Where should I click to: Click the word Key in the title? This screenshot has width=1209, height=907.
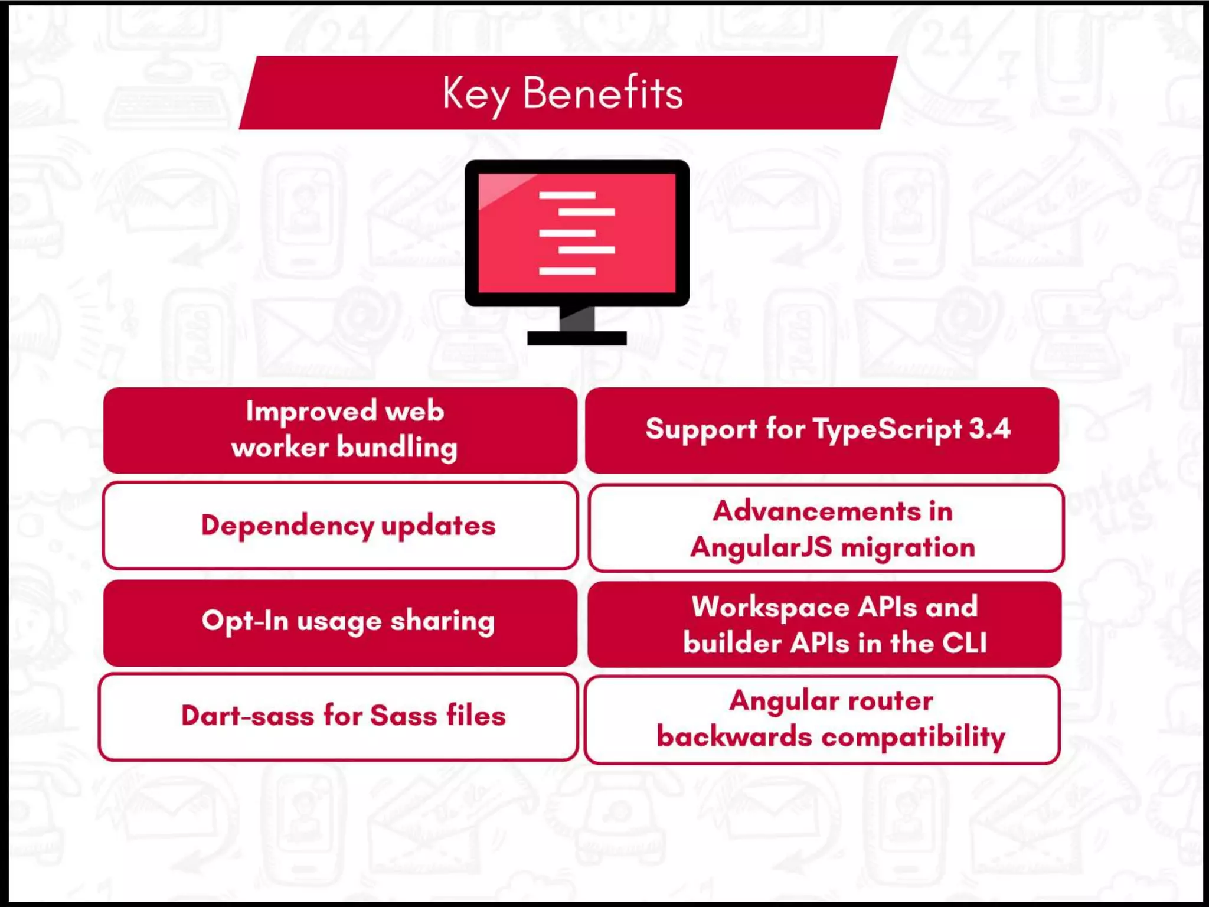tap(475, 94)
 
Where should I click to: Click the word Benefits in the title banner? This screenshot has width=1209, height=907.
tap(603, 93)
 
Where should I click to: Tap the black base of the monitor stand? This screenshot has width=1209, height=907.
tap(577, 338)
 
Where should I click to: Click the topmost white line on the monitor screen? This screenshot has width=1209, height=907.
tap(567, 195)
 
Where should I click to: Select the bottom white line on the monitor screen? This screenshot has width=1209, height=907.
tap(567, 271)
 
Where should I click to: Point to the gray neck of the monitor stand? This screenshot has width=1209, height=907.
tap(577, 319)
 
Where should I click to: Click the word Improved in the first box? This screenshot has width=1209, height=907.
tap(311, 411)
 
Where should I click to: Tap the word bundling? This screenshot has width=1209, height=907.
tap(397, 448)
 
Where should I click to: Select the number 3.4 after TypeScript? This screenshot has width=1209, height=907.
tap(989, 428)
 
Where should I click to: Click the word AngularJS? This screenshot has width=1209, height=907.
tap(762, 547)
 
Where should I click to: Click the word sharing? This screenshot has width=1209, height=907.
tap(443, 621)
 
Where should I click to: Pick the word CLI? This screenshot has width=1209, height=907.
tap(964, 643)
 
